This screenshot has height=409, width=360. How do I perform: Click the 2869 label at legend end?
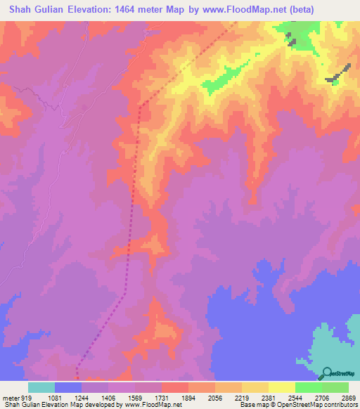coord(349,398)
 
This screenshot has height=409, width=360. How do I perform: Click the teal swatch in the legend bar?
coord(41,388)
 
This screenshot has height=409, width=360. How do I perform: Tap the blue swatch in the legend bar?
coord(67,388)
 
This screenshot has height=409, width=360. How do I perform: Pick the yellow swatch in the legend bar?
coord(281,388)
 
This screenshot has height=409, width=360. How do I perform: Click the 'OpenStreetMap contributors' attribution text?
coord(323,405)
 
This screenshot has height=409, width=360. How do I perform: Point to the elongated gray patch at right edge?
coord(338,74)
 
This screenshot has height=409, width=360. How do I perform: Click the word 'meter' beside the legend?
coord(11,398)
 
